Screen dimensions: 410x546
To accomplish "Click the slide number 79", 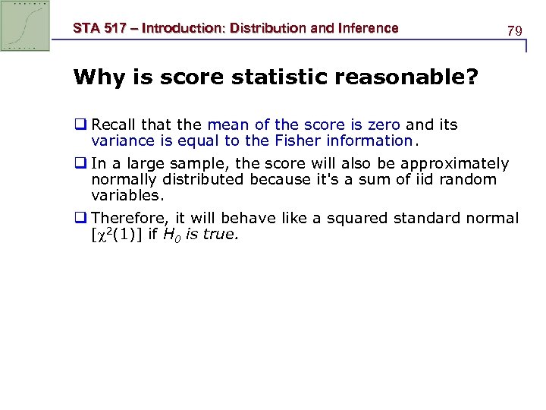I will point(515,31).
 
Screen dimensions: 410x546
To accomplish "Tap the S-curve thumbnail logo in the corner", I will point(26,26).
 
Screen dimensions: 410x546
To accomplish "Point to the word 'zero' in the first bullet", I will point(384,125).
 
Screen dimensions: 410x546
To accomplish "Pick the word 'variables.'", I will point(127,195).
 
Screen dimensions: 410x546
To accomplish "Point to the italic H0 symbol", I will point(172,235).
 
